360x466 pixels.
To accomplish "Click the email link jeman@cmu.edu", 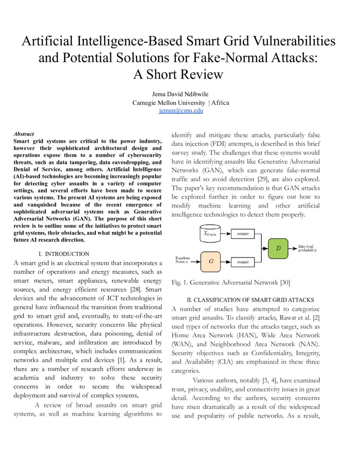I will tap(181, 111).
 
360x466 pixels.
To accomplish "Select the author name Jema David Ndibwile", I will tap(181, 94).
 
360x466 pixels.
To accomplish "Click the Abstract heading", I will tap(24, 134).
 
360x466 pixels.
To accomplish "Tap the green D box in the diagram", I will tap(278, 248).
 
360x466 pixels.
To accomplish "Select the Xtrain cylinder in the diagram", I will tap(210, 233).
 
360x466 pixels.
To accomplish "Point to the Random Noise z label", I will tap(183, 260).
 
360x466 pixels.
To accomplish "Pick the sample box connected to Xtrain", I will tap(243, 233).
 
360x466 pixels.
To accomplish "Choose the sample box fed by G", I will tap(243, 261).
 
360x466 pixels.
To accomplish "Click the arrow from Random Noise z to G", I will tap(196, 261).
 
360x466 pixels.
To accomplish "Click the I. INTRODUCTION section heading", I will tap(64, 254).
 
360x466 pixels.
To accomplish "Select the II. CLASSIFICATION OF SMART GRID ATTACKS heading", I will tap(245, 300).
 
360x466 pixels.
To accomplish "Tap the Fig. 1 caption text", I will tap(231, 282).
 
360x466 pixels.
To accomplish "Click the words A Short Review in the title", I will tap(178, 74).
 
